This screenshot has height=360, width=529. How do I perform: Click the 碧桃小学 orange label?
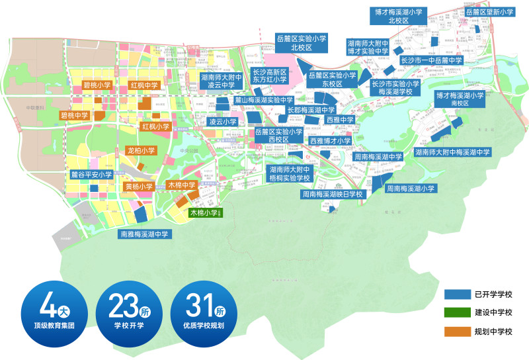[x=97, y=85]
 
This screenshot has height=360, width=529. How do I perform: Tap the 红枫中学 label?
[x=143, y=85]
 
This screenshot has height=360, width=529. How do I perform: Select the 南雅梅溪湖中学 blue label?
[x=144, y=234]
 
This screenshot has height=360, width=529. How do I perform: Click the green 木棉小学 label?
[x=205, y=213]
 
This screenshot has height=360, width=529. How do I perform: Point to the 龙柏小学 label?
[x=141, y=151]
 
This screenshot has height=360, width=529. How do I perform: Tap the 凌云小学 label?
[x=223, y=122]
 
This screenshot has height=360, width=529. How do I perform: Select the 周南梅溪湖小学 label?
[x=411, y=189]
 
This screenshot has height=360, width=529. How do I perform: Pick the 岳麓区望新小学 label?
[x=489, y=12]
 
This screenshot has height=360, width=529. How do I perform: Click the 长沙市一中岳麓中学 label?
[x=431, y=61]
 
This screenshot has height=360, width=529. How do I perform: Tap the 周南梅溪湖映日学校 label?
[x=333, y=195]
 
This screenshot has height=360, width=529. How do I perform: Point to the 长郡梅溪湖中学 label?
[x=311, y=110]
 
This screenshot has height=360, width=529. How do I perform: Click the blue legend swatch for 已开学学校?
[x=456, y=294]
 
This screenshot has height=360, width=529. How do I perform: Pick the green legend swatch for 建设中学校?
[x=456, y=312]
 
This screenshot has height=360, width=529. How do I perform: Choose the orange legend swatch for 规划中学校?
[x=456, y=330]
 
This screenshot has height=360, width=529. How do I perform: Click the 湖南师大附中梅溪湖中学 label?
[x=453, y=152]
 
